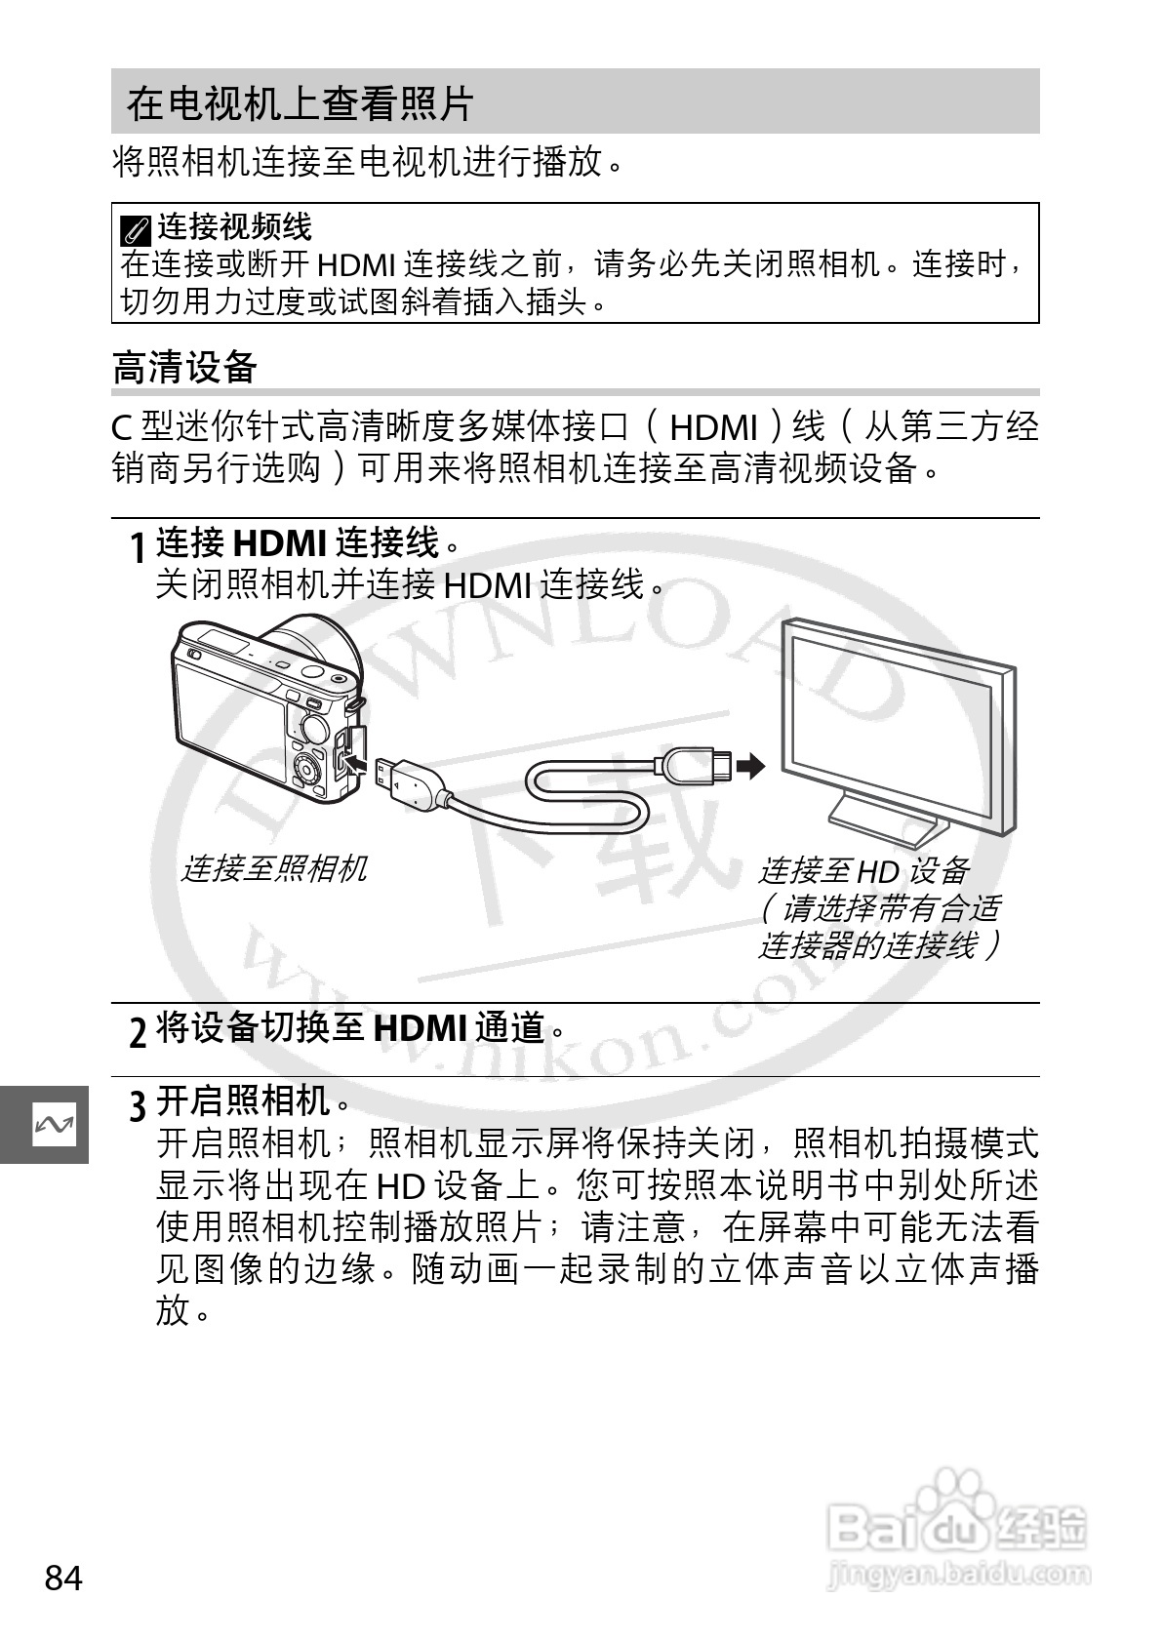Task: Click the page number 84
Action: tap(63, 1578)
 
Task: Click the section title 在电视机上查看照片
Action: tap(300, 103)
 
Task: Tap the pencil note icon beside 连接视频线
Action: tap(136, 231)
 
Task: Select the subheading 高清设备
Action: tap(184, 368)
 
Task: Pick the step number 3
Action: tap(139, 1106)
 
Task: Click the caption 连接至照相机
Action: tap(274, 868)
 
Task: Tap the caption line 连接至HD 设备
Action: tap(863, 870)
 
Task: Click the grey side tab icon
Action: tap(54, 1125)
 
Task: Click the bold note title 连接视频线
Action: tap(234, 227)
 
